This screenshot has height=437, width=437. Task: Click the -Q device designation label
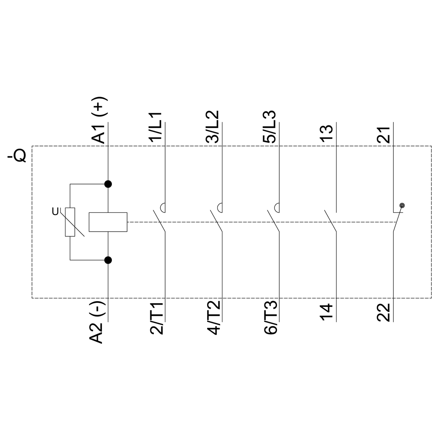[17, 156]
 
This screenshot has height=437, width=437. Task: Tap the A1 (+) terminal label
[99, 120]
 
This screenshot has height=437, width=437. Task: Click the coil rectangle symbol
[108, 222]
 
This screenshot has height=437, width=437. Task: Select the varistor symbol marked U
[70, 222]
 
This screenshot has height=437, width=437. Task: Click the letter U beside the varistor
[55, 212]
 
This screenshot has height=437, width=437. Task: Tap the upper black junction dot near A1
[108, 184]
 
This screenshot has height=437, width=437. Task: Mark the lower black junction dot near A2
[108, 260]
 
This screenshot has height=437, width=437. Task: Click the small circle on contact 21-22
[402, 205]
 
